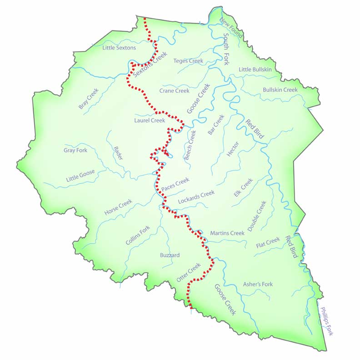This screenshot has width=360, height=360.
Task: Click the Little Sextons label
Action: click(119, 48)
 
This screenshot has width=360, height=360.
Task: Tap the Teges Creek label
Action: click(188, 61)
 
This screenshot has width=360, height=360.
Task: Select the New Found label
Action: click(231, 28)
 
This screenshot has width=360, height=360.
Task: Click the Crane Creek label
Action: click(174, 91)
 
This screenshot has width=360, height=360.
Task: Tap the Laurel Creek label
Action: click(150, 121)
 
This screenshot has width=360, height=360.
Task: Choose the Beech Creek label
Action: click(190, 145)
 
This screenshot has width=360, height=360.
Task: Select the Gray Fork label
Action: click(75, 150)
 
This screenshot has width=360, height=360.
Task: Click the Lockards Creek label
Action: click(196, 196)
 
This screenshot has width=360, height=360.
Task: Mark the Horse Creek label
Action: click(118, 207)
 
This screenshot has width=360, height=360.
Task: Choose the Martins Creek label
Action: click(227, 233)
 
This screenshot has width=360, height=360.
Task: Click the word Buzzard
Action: click(170, 255)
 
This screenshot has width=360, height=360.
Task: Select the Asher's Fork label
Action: click(258, 284)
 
